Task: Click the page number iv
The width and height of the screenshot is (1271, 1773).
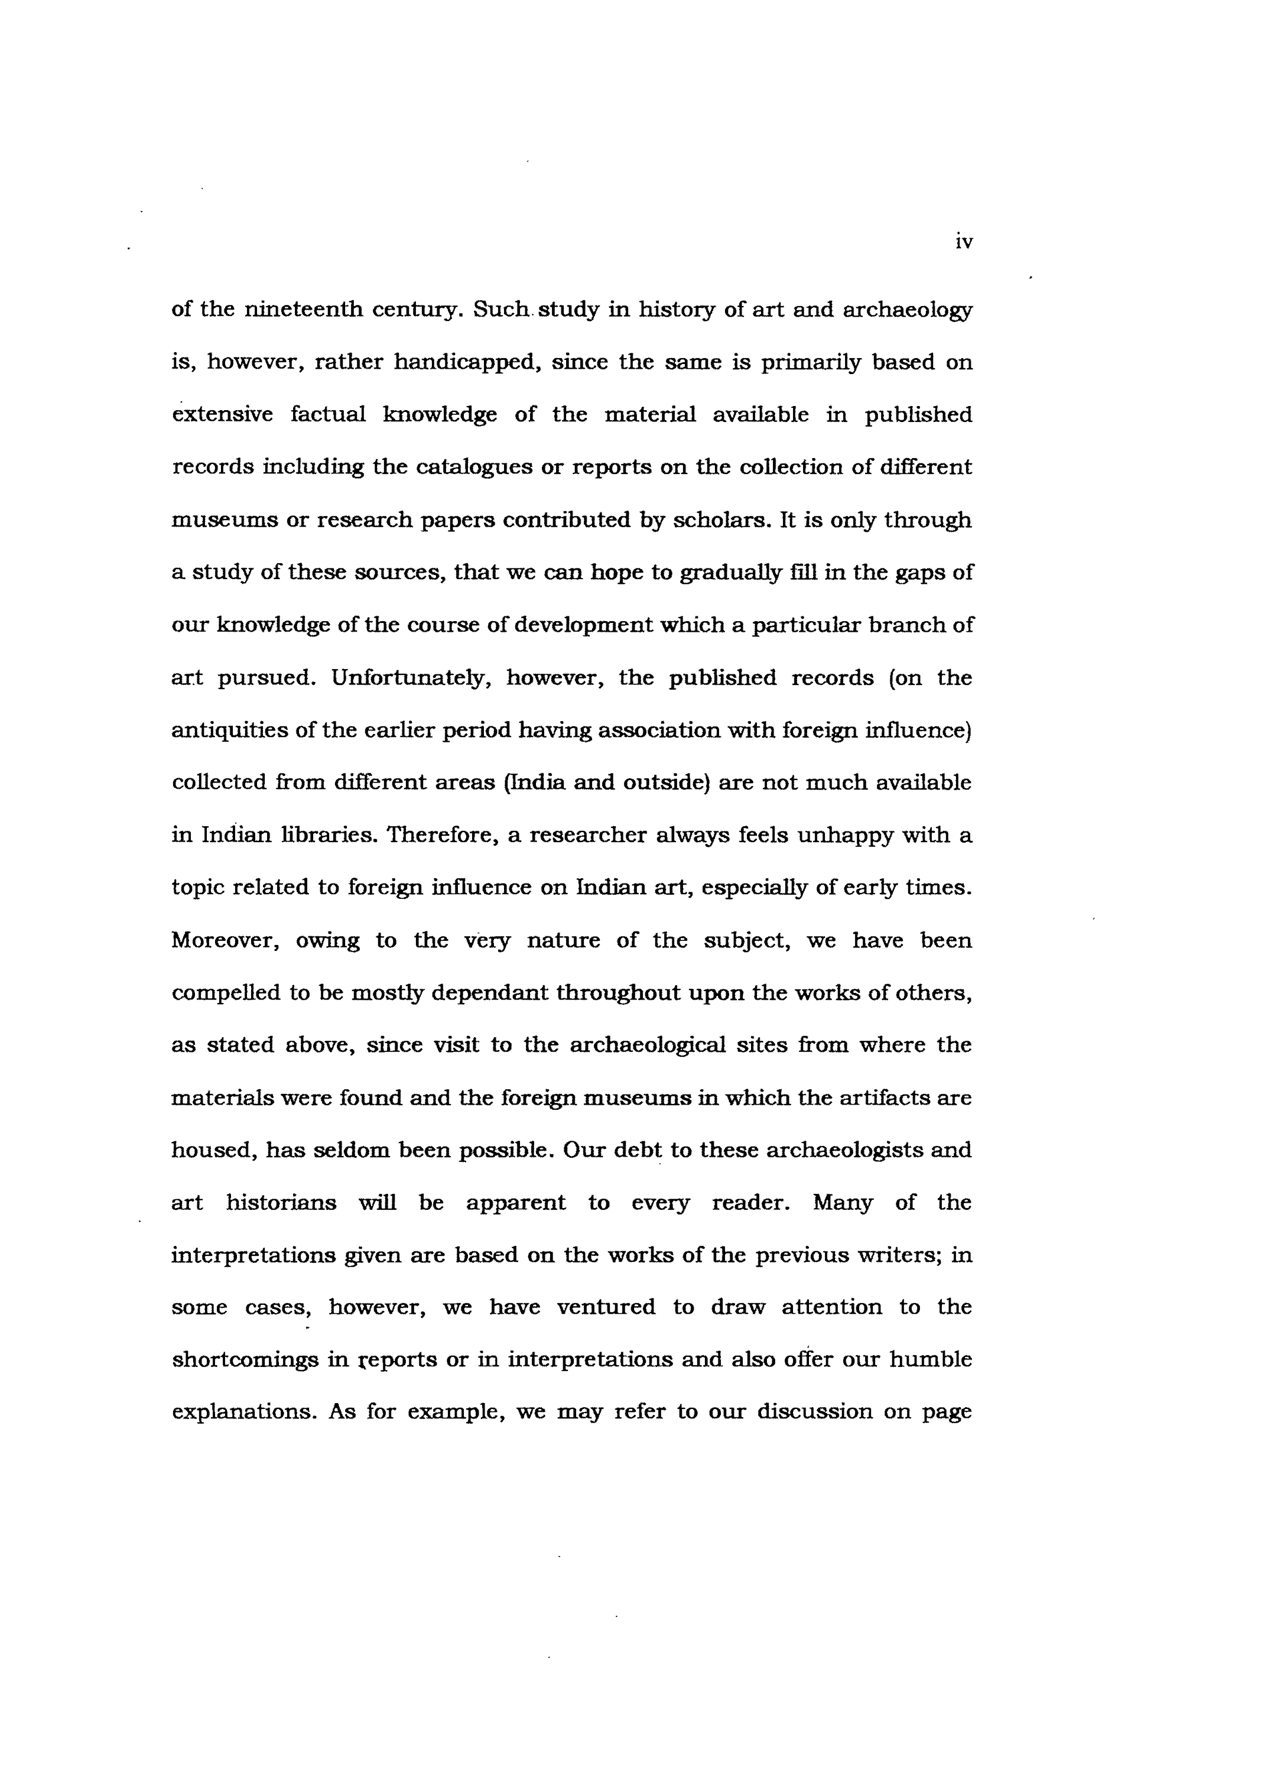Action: (x=964, y=242)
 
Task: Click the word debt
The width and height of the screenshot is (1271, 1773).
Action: (x=637, y=1150)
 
